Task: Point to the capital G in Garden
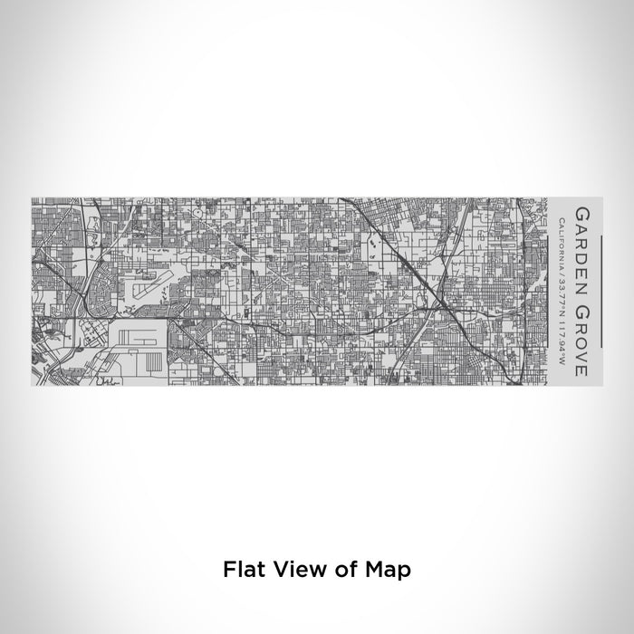point(580,214)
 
